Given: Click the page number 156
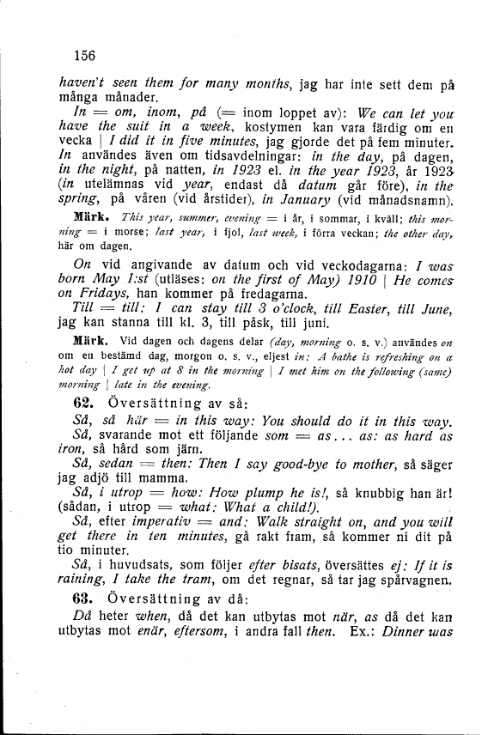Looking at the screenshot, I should coord(84,56).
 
